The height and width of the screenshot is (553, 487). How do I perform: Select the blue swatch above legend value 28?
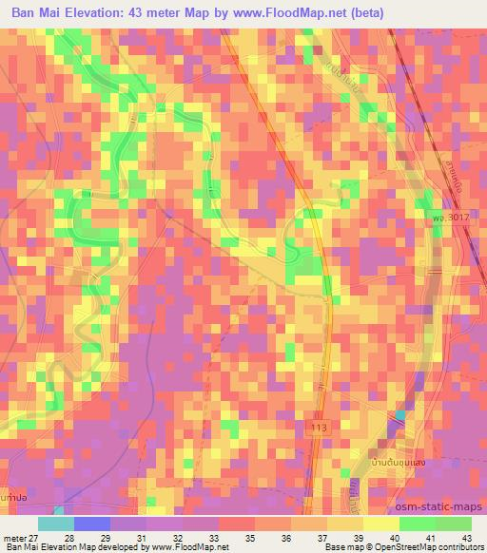91,524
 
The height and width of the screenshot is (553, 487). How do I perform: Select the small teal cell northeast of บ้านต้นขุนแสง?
399,415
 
